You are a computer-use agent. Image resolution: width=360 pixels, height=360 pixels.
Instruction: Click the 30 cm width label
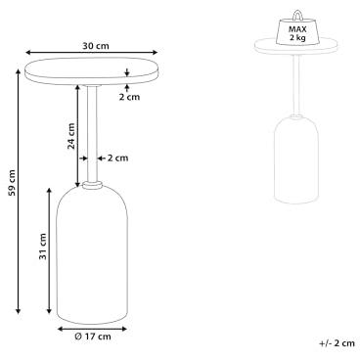[96, 46]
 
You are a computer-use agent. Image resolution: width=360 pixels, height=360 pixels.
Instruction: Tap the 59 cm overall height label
[12, 183]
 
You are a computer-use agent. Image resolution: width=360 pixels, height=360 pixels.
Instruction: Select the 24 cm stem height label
[71, 136]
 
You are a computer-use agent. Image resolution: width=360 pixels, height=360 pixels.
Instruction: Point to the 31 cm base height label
[43, 247]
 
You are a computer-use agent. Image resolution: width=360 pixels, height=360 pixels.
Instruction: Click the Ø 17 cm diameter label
[93, 337]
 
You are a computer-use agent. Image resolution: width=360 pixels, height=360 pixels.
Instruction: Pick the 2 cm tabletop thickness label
[129, 97]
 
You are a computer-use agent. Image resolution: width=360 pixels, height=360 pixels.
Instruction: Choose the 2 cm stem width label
[117, 158]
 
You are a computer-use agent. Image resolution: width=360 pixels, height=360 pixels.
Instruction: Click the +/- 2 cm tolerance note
[337, 343]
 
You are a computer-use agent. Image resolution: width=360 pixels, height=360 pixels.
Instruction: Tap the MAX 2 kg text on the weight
[297, 33]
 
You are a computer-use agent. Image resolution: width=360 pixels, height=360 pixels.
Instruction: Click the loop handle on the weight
[297, 15]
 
